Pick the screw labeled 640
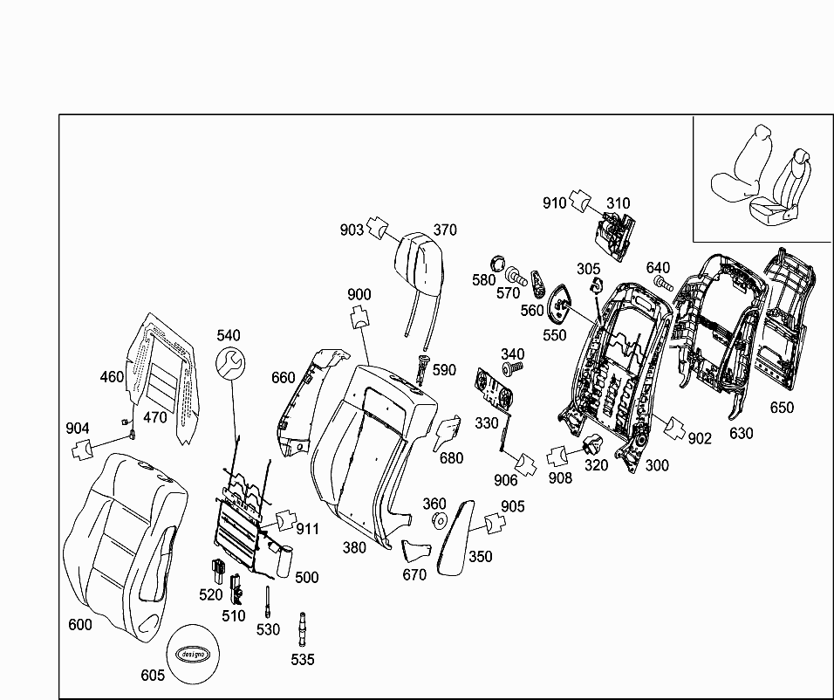662,284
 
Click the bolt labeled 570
519,278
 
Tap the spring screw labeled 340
512,369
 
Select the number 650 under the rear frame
783,408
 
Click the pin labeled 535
303,627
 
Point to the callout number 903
352,230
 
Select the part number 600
80,625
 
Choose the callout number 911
307,529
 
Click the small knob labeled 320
594,445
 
